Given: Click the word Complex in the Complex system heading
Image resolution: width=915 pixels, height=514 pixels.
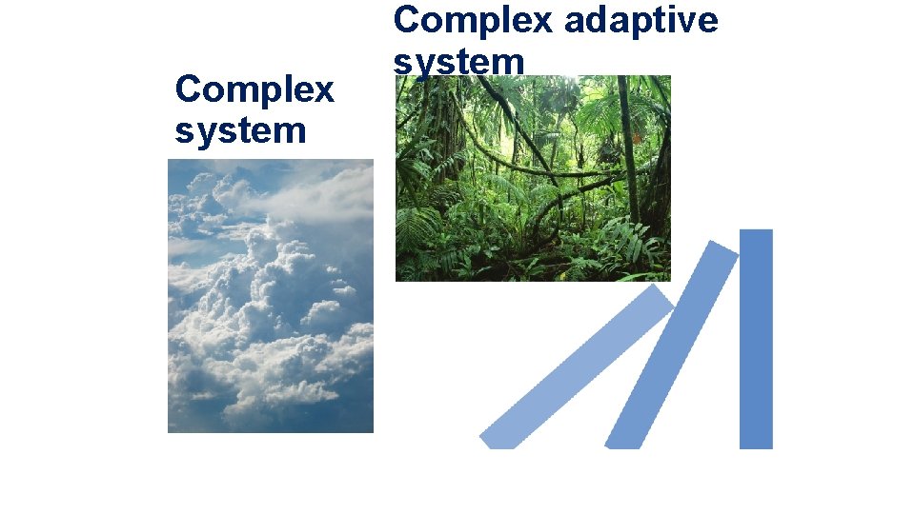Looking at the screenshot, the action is tap(254, 90).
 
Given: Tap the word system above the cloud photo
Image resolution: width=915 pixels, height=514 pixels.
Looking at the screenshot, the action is tap(240, 130).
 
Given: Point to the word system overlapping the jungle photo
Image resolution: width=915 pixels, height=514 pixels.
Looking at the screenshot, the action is tap(458, 62).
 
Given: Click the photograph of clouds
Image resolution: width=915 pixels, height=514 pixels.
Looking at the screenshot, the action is tap(271, 295).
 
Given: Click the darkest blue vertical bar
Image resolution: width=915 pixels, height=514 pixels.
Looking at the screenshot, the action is tap(756, 338).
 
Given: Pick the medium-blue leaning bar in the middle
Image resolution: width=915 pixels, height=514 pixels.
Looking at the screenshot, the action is tap(671, 345).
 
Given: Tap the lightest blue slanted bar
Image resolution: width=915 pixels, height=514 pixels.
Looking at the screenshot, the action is tap(577, 366).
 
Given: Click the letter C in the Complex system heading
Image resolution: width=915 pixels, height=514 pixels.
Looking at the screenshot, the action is tap(188, 90).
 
